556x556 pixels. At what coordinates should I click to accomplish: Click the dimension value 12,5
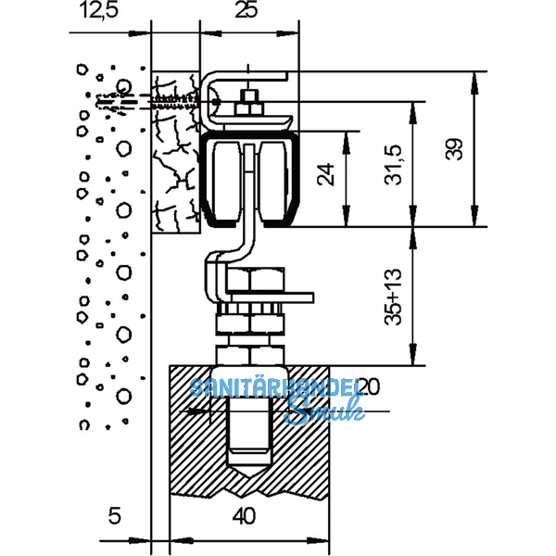[98, 10]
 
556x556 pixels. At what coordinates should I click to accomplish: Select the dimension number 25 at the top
[246, 10]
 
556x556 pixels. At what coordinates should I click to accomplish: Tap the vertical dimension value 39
[455, 149]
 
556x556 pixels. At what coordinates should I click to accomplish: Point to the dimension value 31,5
[393, 165]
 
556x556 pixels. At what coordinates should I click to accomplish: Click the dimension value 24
[325, 174]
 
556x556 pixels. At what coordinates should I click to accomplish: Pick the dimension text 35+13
[393, 297]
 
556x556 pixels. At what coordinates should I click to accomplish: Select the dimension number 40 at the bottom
[245, 516]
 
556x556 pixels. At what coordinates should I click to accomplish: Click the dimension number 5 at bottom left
[115, 516]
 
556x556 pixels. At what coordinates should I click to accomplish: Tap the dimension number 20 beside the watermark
[369, 386]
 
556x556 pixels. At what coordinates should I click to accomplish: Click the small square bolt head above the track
[249, 96]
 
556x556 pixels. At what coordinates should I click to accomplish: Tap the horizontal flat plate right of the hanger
[270, 297]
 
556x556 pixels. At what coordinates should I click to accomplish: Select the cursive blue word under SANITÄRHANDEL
[324, 410]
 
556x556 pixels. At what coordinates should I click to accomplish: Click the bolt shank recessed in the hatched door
[249, 429]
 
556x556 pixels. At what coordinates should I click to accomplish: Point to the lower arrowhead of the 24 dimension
[347, 216]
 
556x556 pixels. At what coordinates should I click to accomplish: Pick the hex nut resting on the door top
[250, 355]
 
